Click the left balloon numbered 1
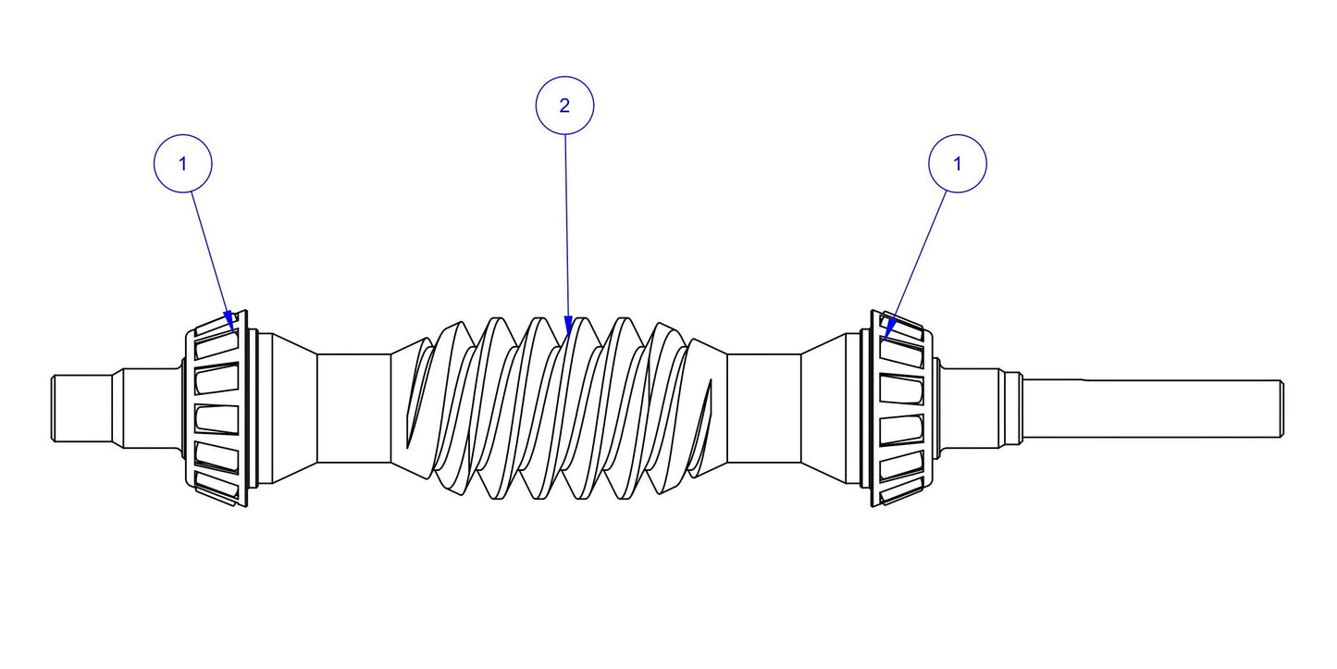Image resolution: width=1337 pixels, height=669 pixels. point(182,164)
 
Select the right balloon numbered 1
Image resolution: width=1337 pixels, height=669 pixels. point(957,164)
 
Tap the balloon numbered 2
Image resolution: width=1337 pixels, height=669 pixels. point(564,105)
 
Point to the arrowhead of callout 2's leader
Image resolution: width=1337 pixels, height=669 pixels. point(567,327)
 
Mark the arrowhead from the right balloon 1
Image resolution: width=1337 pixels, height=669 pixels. point(889,329)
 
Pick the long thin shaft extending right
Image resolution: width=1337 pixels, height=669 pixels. point(1157,407)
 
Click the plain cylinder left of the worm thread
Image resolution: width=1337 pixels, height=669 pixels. point(353,407)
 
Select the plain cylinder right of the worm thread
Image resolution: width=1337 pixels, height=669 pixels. point(763,407)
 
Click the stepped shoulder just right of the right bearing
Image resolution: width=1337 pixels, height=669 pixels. point(972,407)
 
